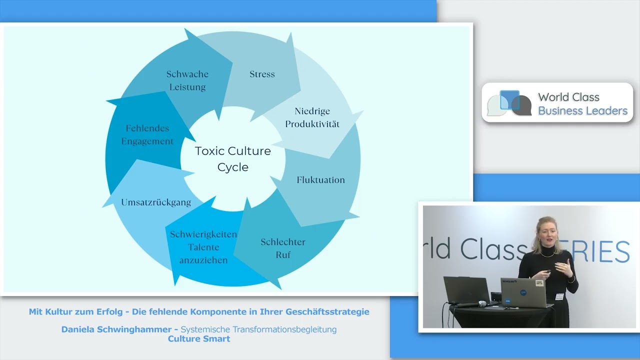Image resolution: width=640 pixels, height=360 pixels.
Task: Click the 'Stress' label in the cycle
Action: click(x=262, y=74)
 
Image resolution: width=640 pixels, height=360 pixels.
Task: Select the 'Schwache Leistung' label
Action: click(x=187, y=80)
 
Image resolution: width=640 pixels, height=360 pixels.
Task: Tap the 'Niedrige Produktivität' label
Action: click(x=312, y=117)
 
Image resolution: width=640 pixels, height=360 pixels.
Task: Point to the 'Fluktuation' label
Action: click(x=320, y=180)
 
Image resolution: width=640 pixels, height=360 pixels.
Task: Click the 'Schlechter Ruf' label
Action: click(x=283, y=248)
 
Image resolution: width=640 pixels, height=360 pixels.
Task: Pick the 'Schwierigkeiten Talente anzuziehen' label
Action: click(x=203, y=247)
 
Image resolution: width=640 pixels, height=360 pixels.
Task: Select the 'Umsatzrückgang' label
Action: click(x=156, y=202)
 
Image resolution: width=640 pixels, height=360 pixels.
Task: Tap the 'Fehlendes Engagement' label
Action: click(x=147, y=134)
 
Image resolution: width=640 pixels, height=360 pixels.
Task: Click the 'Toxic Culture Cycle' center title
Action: click(x=233, y=159)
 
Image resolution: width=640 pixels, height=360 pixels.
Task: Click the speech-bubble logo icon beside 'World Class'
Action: click(x=509, y=103)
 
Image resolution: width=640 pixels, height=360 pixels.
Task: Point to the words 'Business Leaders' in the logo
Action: click(x=583, y=111)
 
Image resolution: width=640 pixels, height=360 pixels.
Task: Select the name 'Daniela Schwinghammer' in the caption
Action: click(x=116, y=329)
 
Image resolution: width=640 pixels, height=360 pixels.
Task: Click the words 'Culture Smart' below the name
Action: click(x=199, y=339)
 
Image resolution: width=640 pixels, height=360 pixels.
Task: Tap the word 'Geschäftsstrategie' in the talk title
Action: click(x=327, y=311)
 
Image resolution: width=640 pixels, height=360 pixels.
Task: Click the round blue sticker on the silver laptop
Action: click(x=523, y=292)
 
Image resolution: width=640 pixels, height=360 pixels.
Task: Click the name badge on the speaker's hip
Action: click(x=559, y=296)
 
